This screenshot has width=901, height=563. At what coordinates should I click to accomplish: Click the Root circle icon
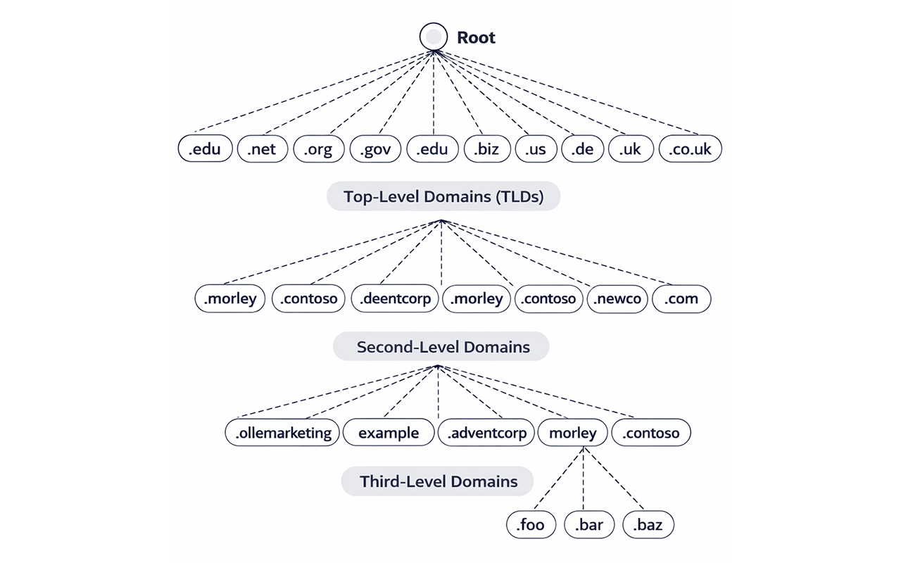434,37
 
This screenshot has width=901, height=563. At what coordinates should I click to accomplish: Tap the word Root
476,37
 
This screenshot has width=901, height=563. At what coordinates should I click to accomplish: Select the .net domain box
263,149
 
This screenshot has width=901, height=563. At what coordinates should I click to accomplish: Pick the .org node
318,149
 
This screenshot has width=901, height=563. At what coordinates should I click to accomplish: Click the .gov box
375,149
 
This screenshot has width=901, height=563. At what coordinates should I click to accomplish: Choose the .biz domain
486,149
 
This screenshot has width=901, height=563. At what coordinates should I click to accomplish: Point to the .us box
536,149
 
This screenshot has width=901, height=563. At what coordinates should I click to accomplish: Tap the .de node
583,149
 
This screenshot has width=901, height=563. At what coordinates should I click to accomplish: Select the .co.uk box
690,149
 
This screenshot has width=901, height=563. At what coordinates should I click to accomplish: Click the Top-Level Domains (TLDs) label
443,196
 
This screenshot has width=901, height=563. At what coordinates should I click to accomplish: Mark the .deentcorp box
396,298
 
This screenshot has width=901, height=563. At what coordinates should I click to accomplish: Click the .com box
681,298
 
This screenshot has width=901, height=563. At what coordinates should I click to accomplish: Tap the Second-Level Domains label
441,346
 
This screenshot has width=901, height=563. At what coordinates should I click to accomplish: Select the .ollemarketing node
283,433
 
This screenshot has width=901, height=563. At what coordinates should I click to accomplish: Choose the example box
389,433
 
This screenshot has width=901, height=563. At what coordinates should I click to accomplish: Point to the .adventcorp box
486,433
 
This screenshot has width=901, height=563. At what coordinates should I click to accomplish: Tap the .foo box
531,525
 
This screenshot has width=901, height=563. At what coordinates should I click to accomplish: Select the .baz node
648,525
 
